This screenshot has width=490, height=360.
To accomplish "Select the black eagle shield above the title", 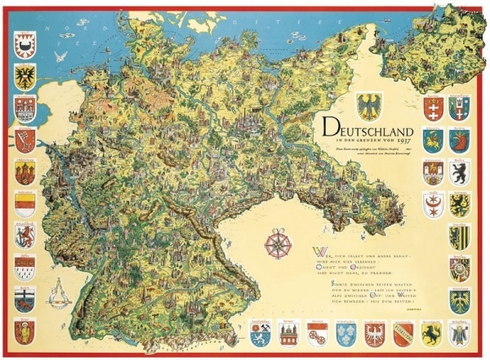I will [x=369, y=104].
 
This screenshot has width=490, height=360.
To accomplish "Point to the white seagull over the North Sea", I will [x=60, y=56].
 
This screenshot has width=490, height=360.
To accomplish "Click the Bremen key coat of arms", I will [x=24, y=141].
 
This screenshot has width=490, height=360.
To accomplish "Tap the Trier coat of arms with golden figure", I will [x=24, y=331].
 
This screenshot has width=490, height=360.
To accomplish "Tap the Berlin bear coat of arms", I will [x=460, y=173].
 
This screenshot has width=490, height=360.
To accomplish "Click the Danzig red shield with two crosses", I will [x=433, y=109].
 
